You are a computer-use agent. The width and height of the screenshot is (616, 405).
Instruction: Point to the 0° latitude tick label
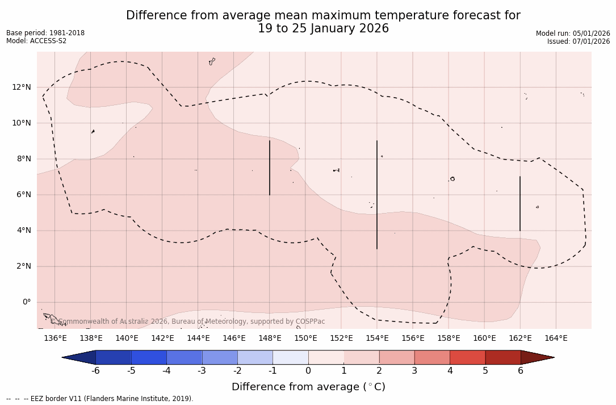(x=27, y=302)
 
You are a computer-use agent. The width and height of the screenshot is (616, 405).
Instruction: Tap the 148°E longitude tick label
(x=270, y=339)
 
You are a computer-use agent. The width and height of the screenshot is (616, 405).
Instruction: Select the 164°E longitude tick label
(x=556, y=339)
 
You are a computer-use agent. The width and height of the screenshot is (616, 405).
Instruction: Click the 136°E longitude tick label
(x=55, y=339)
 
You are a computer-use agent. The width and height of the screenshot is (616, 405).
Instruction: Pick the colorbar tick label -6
(x=95, y=371)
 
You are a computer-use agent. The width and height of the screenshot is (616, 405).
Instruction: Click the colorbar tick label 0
(x=308, y=371)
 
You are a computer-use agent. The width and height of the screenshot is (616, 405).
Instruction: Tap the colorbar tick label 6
(x=521, y=371)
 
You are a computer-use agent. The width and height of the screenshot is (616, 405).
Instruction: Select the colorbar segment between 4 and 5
(x=467, y=357)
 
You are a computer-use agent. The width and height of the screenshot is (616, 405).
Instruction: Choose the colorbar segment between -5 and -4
(x=149, y=357)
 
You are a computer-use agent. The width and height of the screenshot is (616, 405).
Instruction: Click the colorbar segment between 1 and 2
(x=361, y=357)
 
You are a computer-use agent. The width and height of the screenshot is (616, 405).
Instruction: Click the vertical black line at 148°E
(x=270, y=168)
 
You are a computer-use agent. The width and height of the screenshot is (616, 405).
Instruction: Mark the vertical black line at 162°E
(x=520, y=203)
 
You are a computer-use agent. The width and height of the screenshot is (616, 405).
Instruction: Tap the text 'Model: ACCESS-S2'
(x=36, y=41)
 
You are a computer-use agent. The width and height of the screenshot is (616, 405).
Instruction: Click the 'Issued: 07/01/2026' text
(x=579, y=41)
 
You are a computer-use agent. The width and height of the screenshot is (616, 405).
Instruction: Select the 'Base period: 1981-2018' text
(x=45, y=33)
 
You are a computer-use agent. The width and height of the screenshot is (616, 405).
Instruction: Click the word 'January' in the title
(x=329, y=28)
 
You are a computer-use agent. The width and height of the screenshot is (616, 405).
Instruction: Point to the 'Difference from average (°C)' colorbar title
(x=308, y=387)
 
